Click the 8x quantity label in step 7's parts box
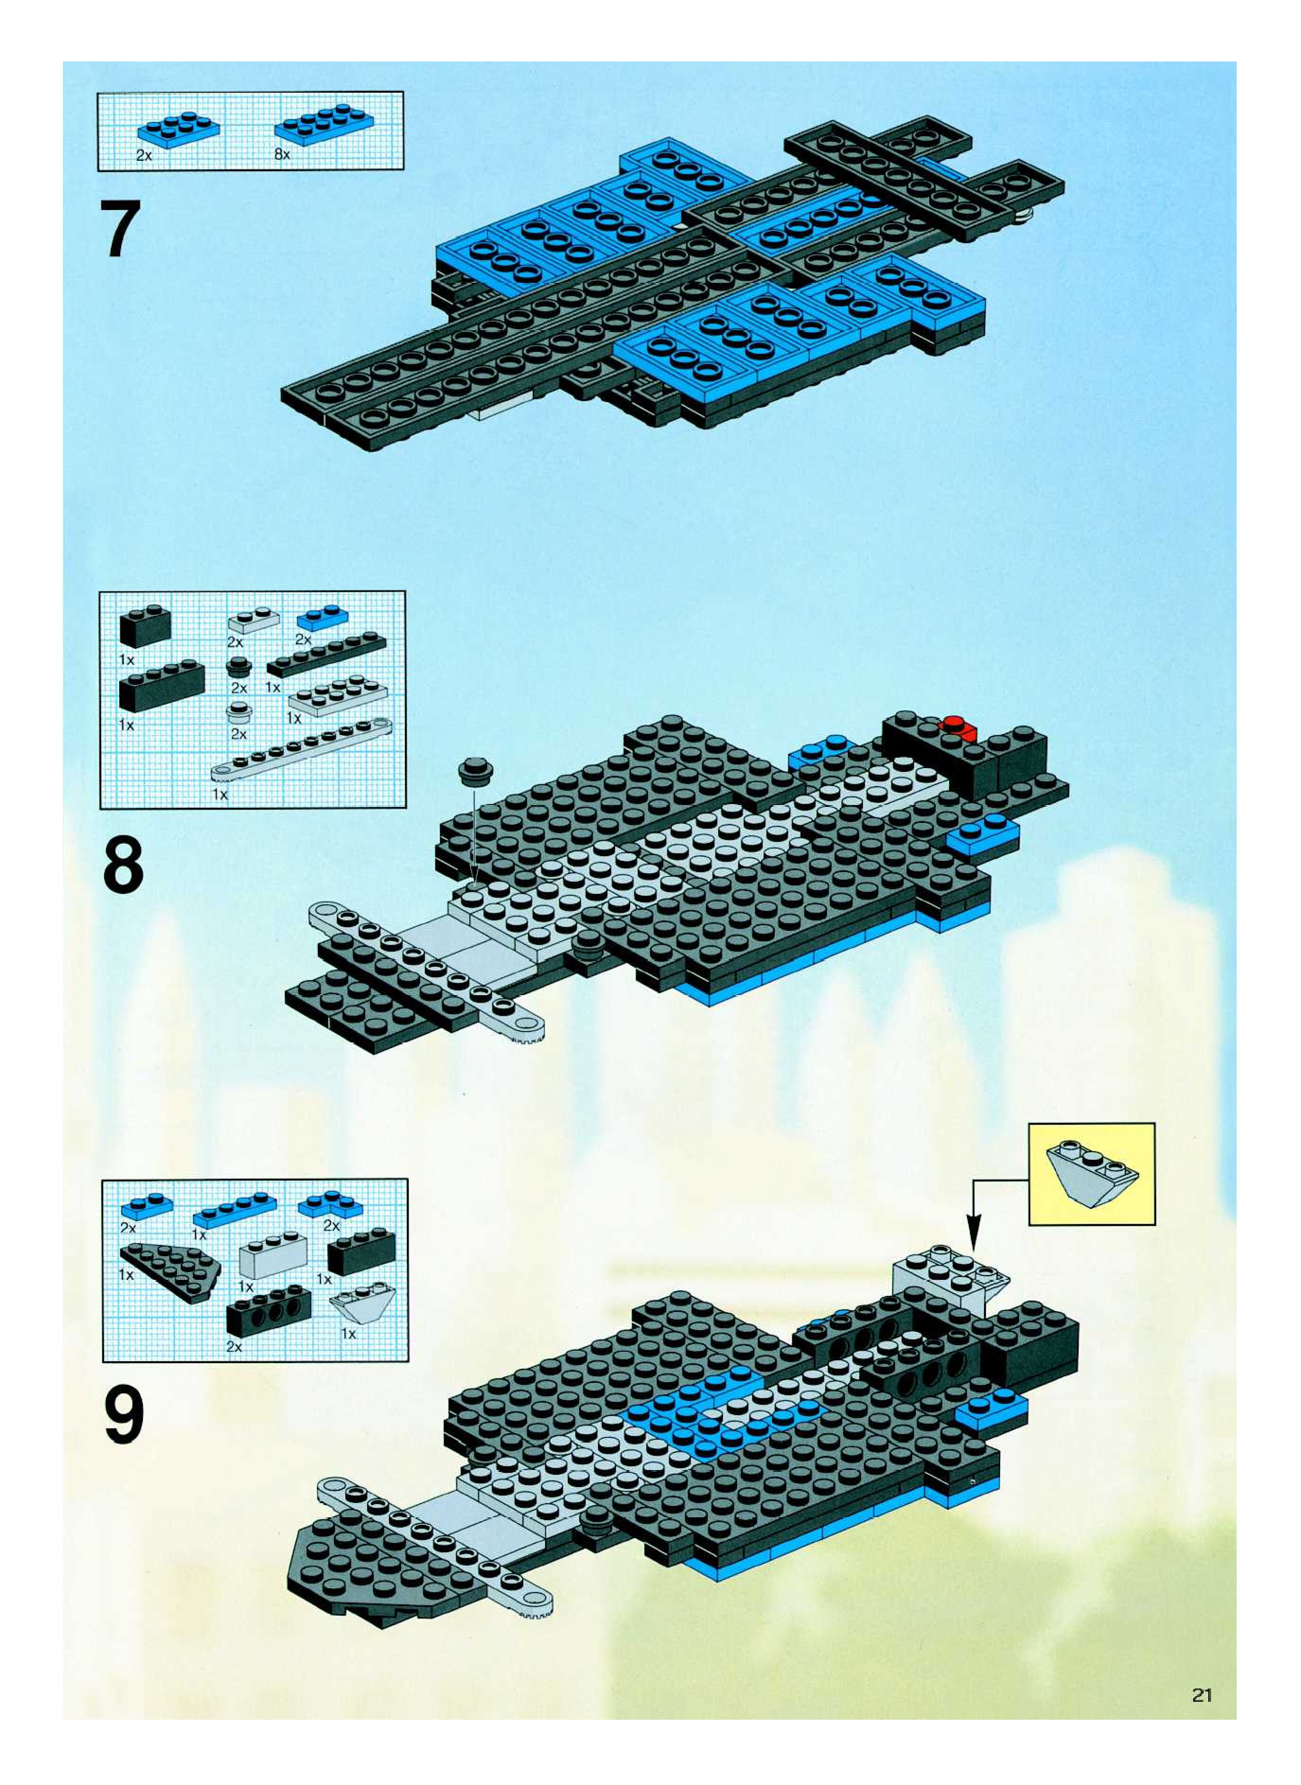coord(282,155)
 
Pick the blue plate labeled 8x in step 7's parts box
coord(324,124)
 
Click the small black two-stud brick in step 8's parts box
coord(145,628)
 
